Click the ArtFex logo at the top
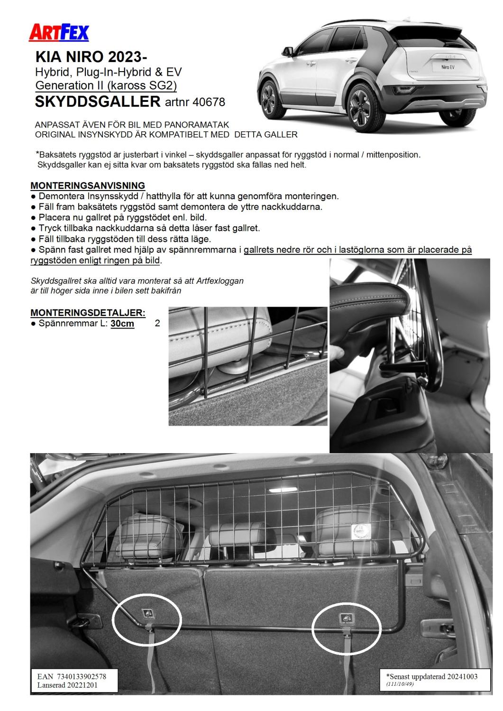pyautogui.click(x=59, y=32)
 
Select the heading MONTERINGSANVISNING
pyautogui.click(x=88, y=185)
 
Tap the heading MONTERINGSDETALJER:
pyautogui.click(x=88, y=313)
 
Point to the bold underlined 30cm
pyautogui.click(x=122, y=324)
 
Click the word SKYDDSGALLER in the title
pyautogui.click(x=98, y=101)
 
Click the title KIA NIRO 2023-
pyautogui.click(x=91, y=58)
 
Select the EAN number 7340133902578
pyautogui.click(x=82, y=676)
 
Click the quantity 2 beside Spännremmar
pyautogui.click(x=157, y=324)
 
